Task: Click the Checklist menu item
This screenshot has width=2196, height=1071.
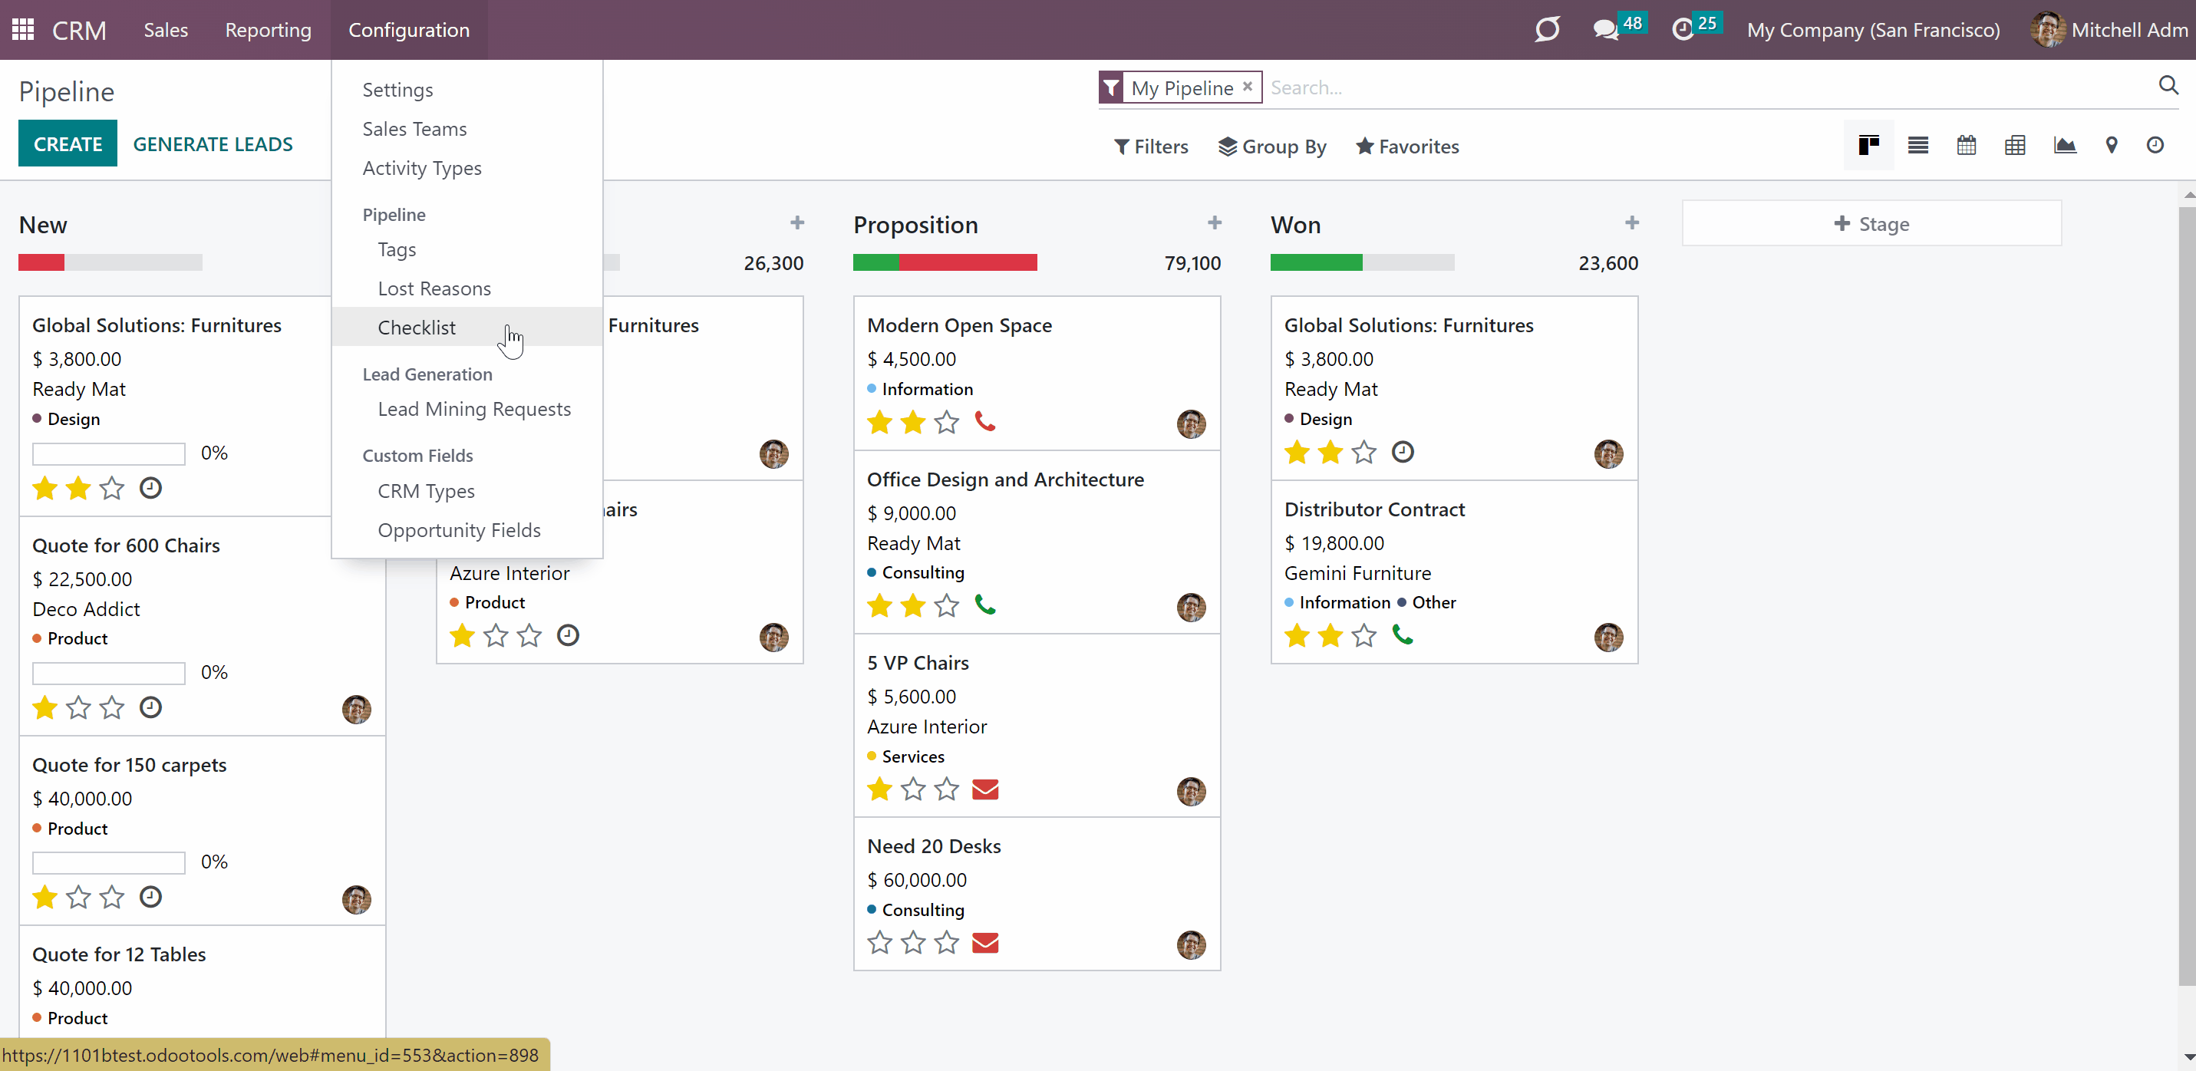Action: (416, 328)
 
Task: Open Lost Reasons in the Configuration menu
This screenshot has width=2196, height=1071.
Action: (434, 288)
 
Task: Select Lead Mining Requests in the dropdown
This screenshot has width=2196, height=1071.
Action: (474, 410)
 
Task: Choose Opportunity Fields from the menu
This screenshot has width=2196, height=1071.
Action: (459, 530)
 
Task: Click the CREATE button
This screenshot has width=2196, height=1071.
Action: (68, 144)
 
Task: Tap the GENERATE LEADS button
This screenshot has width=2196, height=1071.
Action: (213, 144)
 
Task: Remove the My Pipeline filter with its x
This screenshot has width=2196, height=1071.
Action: (1247, 86)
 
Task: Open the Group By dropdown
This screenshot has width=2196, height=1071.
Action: (1272, 147)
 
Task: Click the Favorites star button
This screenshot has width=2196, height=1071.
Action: (1407, 147)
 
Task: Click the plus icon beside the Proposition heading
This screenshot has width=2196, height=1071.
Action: (1215, 222)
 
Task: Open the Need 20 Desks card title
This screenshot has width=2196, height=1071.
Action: (934, 846)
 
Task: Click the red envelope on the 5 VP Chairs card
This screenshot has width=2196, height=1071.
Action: (984, 789)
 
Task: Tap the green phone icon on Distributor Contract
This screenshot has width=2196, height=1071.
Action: (1403, 634)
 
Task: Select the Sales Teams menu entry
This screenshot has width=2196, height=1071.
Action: (414, 129)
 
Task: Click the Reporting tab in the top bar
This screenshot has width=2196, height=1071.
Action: (268, 30)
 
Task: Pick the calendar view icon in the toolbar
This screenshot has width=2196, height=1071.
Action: (1966, 145)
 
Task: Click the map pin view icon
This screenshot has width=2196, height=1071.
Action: (2111, 145)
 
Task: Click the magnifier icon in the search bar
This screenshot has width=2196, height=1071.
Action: (2168, 84)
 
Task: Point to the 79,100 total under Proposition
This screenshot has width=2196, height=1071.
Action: (1192, 262)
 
